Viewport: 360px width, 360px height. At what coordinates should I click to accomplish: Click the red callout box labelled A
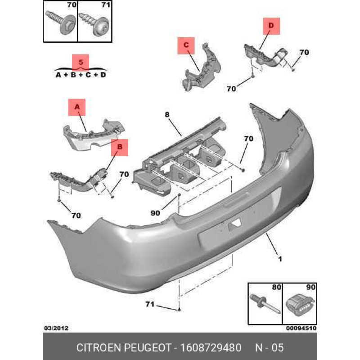pyautogui.click(x=77, y=108)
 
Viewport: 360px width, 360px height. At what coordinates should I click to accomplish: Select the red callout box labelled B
pyautogui.click(x=120, y=147)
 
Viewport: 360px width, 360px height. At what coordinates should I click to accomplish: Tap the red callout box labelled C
pyautogui.click(x=186, y=45)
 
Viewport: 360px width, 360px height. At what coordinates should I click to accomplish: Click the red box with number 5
pyautogui.click(x=81, y=61)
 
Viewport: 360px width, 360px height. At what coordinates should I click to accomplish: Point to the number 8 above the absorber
pyautogui.click(x=166, y=115)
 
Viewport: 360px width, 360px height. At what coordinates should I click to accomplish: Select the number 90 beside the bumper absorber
pyautogui.click(x=156, y=213)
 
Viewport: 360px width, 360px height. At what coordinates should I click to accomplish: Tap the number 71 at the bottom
pyautogui.click(x=150, y=305)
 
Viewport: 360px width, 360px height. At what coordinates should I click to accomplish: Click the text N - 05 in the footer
pyautogui.click(x=270, y=347)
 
